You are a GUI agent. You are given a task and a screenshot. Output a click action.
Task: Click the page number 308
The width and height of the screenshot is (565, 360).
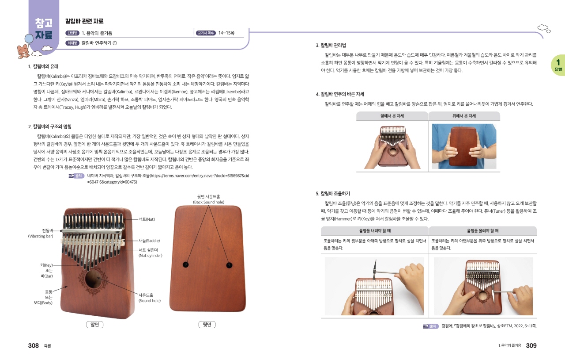tap(33, 345)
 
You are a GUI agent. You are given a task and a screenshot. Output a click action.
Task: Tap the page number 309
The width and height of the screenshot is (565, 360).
tap(531, 345)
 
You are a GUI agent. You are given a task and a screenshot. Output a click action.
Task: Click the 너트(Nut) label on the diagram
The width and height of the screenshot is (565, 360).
tap(147, 219)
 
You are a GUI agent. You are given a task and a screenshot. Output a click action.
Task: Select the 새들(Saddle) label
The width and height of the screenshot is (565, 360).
tap(149, 241)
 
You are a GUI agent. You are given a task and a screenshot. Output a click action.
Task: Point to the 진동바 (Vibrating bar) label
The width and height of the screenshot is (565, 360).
tap(41, 234)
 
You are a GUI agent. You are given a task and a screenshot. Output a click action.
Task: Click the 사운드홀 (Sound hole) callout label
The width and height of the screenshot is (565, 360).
tap(150, 298)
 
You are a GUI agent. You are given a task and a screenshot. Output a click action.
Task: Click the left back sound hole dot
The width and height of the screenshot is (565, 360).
tap(186, 264)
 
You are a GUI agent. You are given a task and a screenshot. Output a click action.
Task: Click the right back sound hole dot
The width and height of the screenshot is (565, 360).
tap(229, 265)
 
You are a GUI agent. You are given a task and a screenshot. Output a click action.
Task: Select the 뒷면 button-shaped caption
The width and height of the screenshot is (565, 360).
tap(207, 325)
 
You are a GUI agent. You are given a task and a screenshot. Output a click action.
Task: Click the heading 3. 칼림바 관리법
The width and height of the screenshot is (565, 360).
tap(331, 45)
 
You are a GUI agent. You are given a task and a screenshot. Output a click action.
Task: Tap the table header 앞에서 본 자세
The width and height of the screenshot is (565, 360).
tap(392, 116)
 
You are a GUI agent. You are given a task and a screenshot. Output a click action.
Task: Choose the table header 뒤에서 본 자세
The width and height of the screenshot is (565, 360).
tap(464, 116)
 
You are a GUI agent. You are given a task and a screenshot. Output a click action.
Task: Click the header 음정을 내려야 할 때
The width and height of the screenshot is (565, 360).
tap(375, 230)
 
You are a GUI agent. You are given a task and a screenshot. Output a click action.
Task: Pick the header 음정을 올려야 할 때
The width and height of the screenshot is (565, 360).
tap(483, 230)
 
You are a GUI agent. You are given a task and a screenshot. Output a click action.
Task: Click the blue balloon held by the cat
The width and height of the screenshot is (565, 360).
tap(29, 39)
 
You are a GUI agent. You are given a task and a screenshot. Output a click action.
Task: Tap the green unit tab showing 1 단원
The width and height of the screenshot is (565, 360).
tap(558, 65)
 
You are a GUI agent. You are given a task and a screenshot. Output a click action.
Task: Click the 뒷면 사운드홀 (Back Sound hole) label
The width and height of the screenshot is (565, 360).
tap(209, 199)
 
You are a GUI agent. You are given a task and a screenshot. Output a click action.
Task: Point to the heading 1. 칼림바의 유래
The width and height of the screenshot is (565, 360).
tap(43, 66)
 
